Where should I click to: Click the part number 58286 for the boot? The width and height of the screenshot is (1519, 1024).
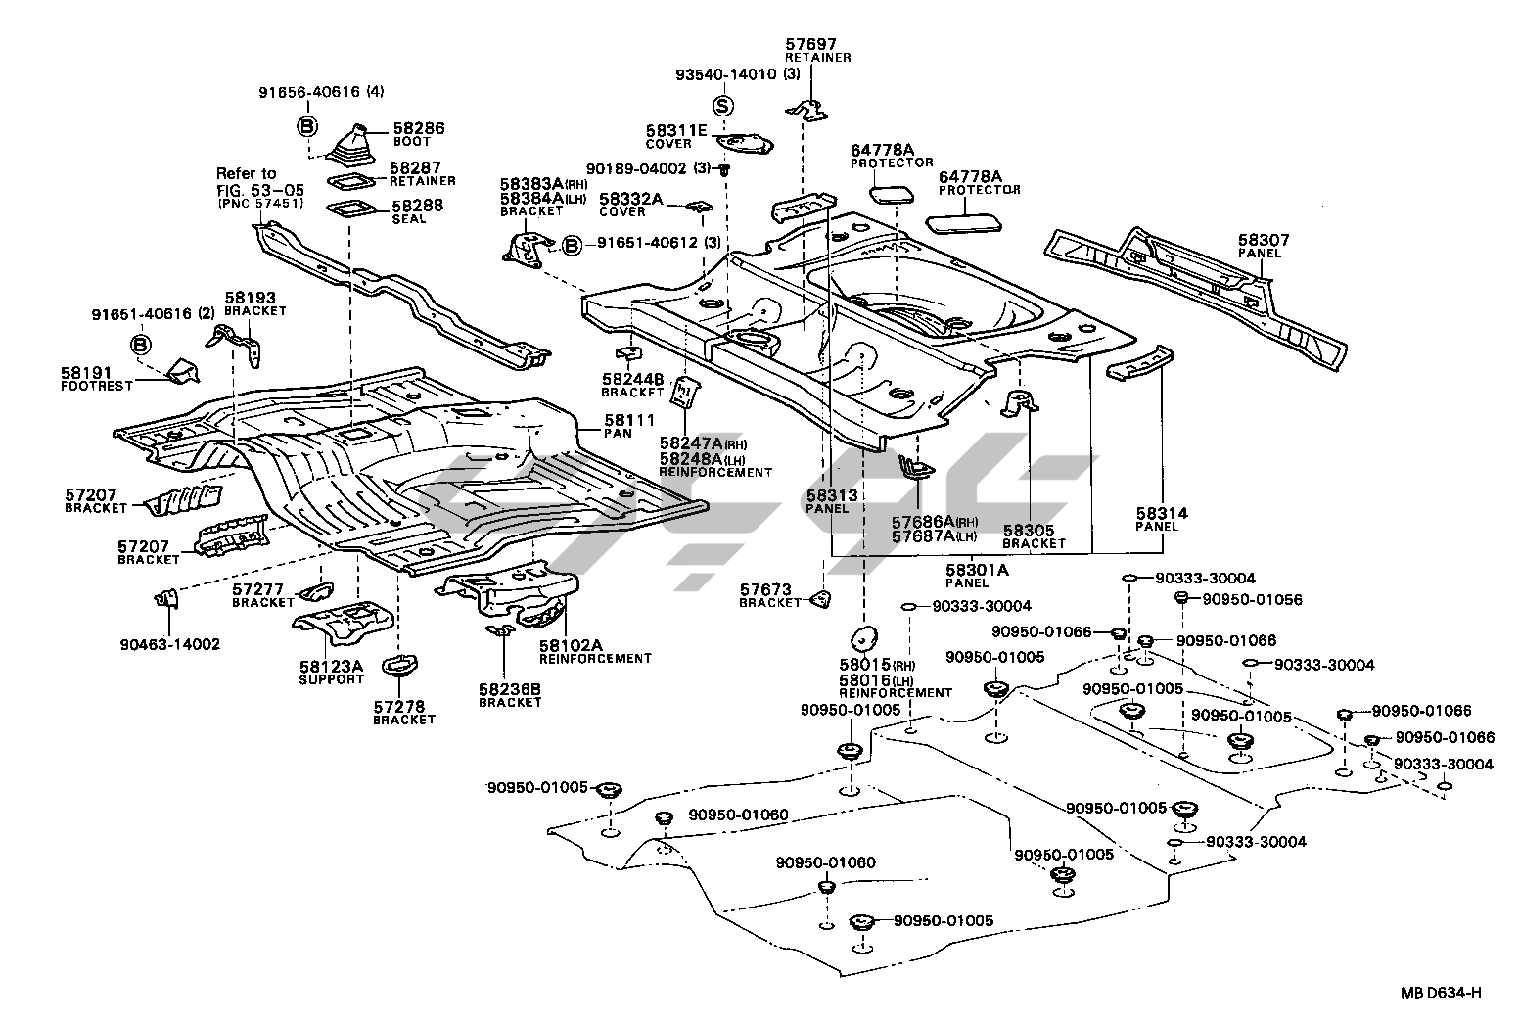pyautogui.click(x=419, y=128)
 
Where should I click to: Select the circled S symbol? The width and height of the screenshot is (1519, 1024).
pyautogui.click(x=722, y=105)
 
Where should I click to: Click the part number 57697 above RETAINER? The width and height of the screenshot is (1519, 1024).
pyautogui.click(x=811, y=44)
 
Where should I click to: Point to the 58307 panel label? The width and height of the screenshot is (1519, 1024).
pyautogui.click(x=1264, y=240)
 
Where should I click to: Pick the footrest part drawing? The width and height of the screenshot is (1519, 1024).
pyautogui.click(x=183, y=371)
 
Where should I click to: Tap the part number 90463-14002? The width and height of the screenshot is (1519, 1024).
pyautogui.click(x=170, y=644)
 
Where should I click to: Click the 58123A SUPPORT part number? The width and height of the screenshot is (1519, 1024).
pyautogui.click(x=331, y=667)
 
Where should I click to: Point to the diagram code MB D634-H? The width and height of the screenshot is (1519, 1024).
pyautogui.click(x=1441, y=993)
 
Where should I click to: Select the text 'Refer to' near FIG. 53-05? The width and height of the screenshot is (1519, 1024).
pyautogui.click(x=247, y=173)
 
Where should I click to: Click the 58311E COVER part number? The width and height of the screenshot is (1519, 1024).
pyautogui.click(x=675, y=130)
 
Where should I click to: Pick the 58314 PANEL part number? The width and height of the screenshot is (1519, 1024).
pyautogui.click(x=1162, y=513)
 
